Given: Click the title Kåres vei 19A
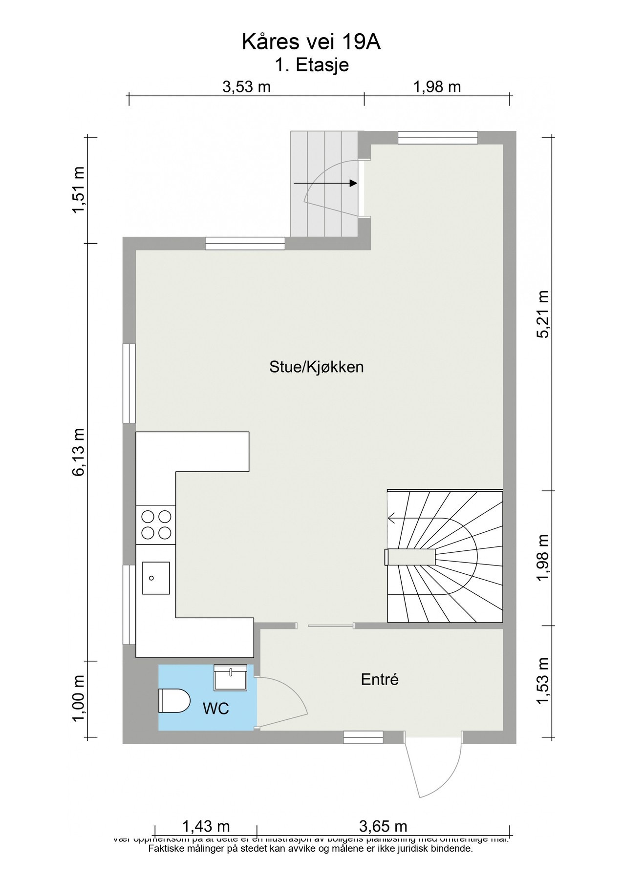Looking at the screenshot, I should pyautogui.click(x=311, y=42).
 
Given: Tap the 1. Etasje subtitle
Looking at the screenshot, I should pyautogui.click(x=311, y=65).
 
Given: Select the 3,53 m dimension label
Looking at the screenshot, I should pyautogui.click(x=246, y=87).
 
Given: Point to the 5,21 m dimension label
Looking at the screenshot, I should pyautogui.click(x=543, y=314).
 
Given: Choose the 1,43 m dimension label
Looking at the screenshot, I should pyautogui.click(x=206, y=826).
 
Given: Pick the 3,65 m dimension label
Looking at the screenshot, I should pyautogui.click(x=383, y=826).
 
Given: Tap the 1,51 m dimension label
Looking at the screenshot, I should pyautogui.click(x=78, y=190).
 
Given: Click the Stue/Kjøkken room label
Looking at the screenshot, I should pyautogui.click(x=316, y=367).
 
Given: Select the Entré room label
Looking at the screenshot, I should pyautogui.click(x=380, y=679).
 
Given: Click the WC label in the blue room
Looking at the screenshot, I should pyautogui.click(x=215, y=709).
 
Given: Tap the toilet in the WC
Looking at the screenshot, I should pyautogui.click(x=174, y=701).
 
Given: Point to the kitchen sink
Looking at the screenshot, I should pyautogui.click(x=156, y=578).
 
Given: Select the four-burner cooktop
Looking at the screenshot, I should pyautogui.click(x=156, y=524).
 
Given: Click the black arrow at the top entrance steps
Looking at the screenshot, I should pyautogui.click(x=325, y=183).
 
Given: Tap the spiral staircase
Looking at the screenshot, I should pyautogui.click(x=445, y=557).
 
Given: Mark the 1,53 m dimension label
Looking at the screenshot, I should pyautogui.click(x=543, y=681).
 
